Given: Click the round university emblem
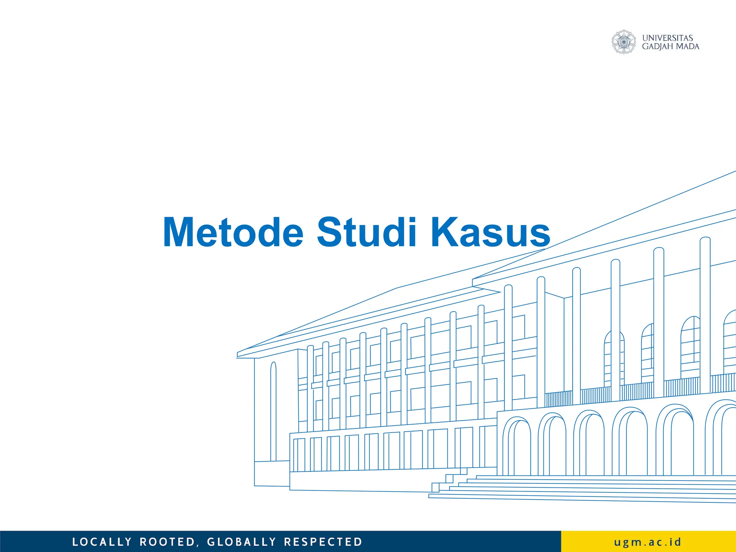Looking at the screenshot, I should [624, 42].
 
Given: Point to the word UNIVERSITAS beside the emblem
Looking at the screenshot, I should [667, 38].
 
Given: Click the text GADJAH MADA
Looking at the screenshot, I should [670, 46].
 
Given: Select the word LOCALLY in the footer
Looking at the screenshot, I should [102, 542].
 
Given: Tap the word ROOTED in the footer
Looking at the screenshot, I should [167, 542].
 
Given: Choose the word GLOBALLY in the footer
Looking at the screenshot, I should [241, 542].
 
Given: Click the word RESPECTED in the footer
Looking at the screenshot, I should [323, 542].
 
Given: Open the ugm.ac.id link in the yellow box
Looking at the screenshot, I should [648, 542].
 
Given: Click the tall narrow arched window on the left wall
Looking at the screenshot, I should [273, 411].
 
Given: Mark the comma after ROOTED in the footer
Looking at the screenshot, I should [198, 545].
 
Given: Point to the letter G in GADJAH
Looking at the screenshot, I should [645, 46].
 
